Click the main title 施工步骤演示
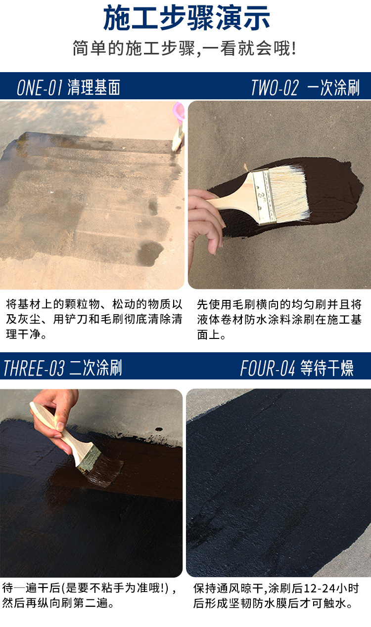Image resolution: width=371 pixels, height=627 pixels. pos(186,18)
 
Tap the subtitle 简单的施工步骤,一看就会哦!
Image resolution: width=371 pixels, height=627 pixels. pos(185,48)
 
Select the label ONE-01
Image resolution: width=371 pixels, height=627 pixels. pos(39,87)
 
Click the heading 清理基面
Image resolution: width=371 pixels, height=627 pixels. pos(94,87)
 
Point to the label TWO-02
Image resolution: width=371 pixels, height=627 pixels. pos(275,87)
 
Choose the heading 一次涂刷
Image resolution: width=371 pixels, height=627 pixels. pos(333,87)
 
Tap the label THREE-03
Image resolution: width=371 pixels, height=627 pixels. pos(34,368)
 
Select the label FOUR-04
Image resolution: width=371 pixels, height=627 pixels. pos(268,368)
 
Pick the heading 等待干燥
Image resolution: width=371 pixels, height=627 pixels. pos(326,368)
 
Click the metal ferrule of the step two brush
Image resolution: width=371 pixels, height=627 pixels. pos(263,197)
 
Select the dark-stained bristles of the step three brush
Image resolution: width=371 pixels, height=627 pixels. pos(105,470)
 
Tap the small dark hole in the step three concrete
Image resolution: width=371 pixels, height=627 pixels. pos(159,429)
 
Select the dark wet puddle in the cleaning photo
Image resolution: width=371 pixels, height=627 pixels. pos(150,253)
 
